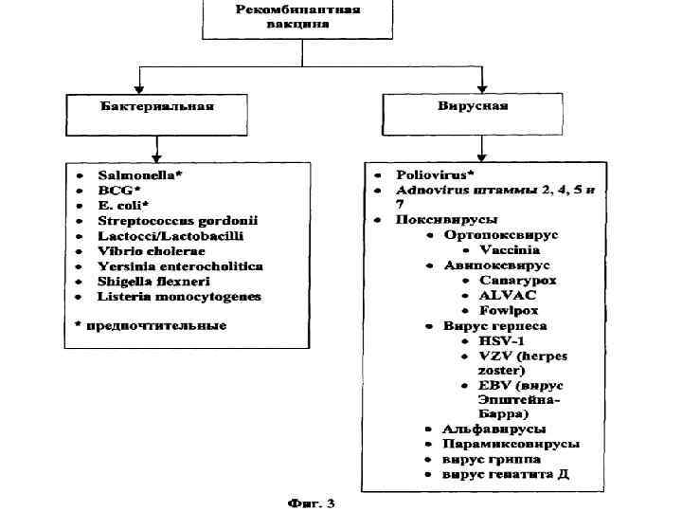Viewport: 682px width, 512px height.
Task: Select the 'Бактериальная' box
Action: tap(157, 105)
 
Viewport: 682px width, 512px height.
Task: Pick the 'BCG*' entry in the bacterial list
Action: tap(120, 190)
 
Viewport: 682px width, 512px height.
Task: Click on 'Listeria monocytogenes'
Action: tap(179, 297)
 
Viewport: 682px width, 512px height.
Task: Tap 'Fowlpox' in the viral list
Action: tap(511, 310)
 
